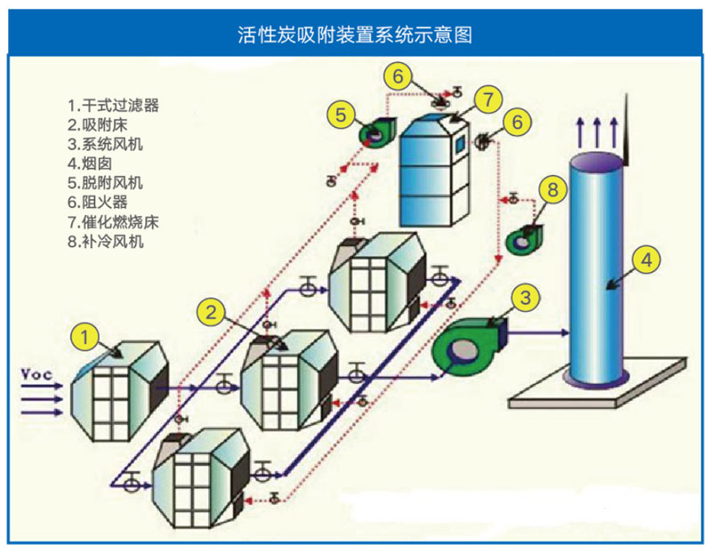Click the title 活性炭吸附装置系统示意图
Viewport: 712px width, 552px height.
tap(355, 35)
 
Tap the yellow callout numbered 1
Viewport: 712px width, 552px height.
tap(85, 337)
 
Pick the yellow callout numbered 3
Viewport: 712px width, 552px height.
tap(525, 296)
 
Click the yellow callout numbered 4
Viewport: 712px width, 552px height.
tap(646, 259)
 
